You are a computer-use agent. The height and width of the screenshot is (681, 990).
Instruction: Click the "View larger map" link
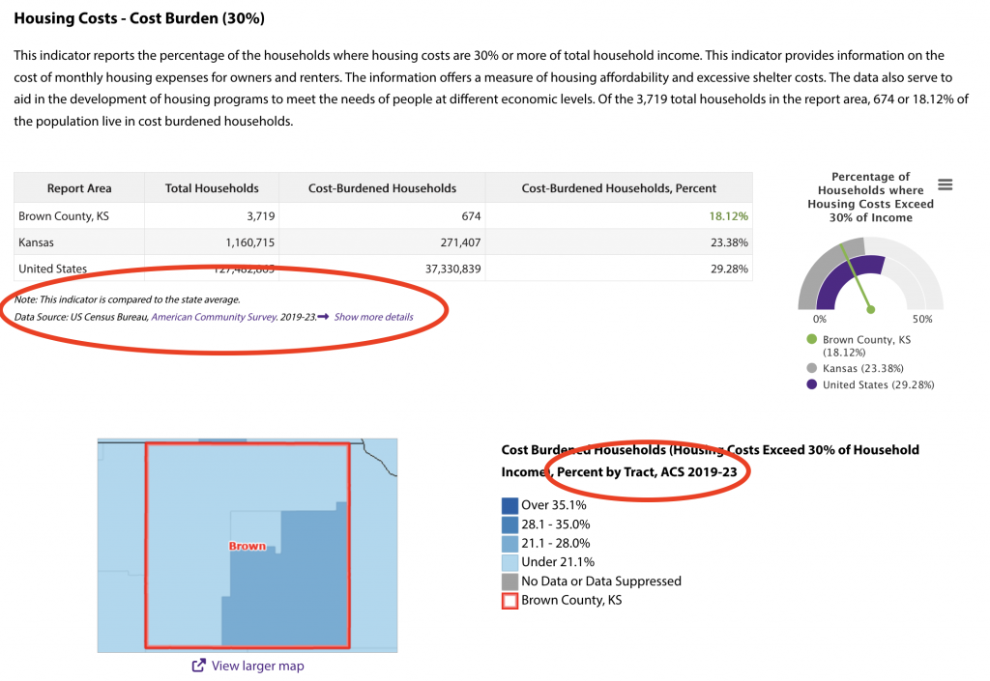click(x=256, y=666)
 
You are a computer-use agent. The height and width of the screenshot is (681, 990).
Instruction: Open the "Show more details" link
click(x=373, y=317)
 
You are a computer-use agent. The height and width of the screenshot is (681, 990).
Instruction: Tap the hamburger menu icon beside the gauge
click(x=946, y=185)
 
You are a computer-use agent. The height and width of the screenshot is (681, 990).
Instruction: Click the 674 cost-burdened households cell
click(x=471, y=216)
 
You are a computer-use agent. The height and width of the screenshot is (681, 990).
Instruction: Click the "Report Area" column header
click(x=79, y=188)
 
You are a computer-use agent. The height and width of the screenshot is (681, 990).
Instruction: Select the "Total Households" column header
click(x=212, y=188)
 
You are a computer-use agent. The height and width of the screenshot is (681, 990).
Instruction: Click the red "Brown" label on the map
click(x=247, y=546)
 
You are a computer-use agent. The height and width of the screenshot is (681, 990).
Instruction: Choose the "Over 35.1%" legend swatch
click(x=510, y=505)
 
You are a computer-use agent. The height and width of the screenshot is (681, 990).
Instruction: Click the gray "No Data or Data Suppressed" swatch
click(x=510, y=582)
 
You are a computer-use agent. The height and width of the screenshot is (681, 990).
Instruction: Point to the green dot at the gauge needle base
click(x=871, y=310)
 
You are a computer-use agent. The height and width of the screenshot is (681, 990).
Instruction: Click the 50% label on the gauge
click(x=922, y=319)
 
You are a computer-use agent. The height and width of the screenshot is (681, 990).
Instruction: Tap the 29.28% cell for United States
click(x=730, y=269)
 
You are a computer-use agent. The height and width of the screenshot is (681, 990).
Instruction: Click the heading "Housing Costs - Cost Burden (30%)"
click(x=139, y=18)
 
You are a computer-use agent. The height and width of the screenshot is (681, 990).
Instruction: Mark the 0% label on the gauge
click(x=820, y=319)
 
